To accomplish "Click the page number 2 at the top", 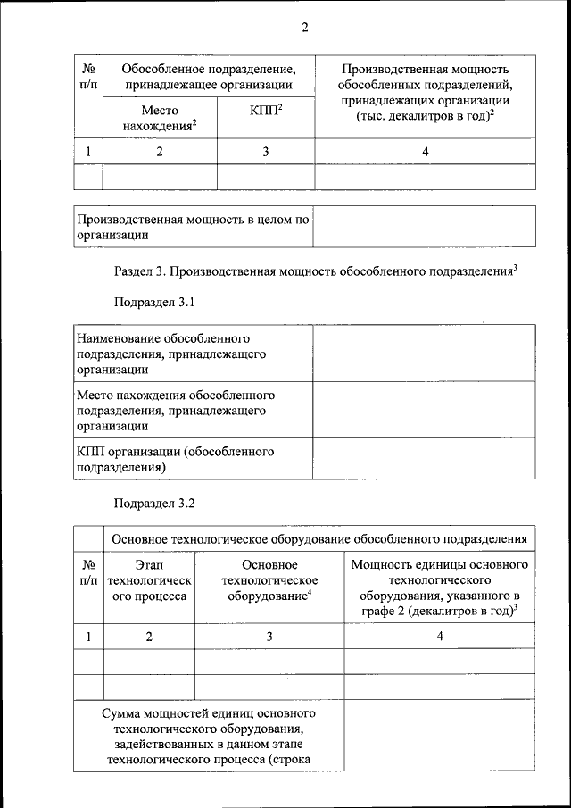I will pyautogui.click(x=303, y=28).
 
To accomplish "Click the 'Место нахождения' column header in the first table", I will pyautogui.click(x=160, y=119).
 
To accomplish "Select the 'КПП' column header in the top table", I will pyautogui.click(x=266, y=111).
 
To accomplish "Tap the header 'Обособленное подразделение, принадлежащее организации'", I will pyautogui.click(x=209, y=76).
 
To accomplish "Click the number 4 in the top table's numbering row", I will pyautogui.click(x=426, y=152).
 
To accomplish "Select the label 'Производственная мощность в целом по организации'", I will pyautogui.click(x=193, y=227).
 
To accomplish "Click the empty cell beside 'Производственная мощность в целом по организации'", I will pyautogui.click(x=425, y=227).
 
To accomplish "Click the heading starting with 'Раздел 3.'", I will pyautogui.click(x=317, y=270).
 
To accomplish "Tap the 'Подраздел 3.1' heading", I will pyautogui.click(x=154, y=303).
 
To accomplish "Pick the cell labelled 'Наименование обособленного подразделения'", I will pyautogui.click(x=193, y=354).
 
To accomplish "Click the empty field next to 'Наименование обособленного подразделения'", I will pyautogui.click(x=424, y=354).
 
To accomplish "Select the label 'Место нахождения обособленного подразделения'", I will pyautogui.click(x=193, y=410).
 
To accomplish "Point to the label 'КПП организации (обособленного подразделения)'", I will pyautogui.click(x=193, y=458).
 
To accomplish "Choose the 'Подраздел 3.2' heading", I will pyautogui.click(x=154, y=503).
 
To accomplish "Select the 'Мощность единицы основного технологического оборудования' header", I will pyautogui.click(x=440, y=588).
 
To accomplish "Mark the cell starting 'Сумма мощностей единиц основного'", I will pyautogui.click(x=209, y=737).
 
